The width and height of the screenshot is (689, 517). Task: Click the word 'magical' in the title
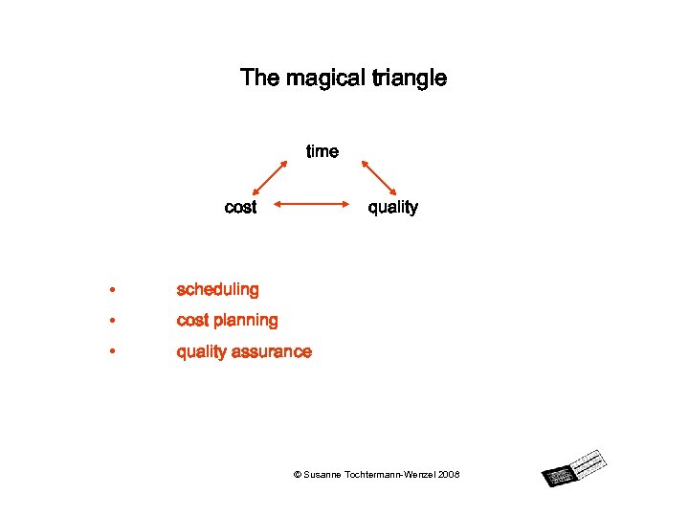click(x=315, y=79)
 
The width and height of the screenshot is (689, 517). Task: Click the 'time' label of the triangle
click(x=322, y=151)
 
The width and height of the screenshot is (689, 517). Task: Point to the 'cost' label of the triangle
click(x=240, y=207)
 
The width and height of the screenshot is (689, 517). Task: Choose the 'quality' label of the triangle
click(x=393, y=207)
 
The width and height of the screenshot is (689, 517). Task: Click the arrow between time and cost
click(x=270, y=178)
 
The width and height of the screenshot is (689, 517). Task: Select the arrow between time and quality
click(x=379, y=178)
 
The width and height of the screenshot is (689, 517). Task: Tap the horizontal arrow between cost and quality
click(x=311, y=203)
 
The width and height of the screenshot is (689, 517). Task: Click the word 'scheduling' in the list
click(x=217, y=289)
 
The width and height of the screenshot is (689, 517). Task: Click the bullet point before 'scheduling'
click(x=112, y=290)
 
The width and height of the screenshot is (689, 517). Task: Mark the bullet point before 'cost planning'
click(x=112, y=321)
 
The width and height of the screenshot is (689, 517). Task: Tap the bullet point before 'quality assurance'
click(x=112, y=352)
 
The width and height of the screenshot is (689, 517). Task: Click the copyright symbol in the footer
click(x=297, y=475)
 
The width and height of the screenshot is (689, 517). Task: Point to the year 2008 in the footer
click(x=449, y=475)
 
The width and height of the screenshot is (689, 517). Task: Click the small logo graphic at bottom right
click(x=574, y=467)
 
